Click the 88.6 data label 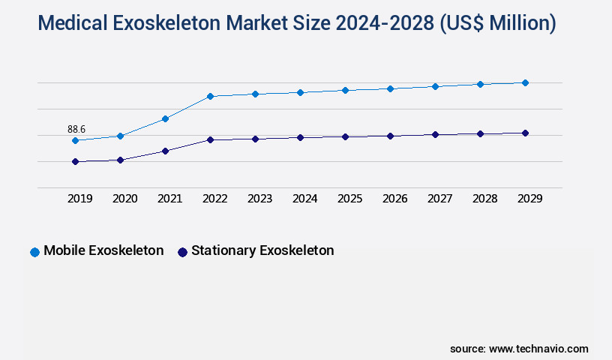coord(76,130)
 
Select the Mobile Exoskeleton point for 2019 coord(75,140)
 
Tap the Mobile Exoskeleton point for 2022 coord(210,96)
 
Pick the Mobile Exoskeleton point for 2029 coord(525,82)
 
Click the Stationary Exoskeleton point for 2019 coord(75,161)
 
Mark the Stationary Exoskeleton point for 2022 coord(210,139)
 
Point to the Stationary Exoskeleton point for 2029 coord(525,133)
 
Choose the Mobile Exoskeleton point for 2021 coord(165,118)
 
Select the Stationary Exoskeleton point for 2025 coord(345,136)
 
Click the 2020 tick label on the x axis coord(125,199)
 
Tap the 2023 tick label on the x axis coord(260,199)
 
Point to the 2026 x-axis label coord(395,199)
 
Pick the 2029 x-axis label coord(530,199)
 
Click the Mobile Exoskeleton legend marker coord(34,252)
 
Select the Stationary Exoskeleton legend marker coord(182,252)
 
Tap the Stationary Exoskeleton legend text coord(262,250)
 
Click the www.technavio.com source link coord(538,349)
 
